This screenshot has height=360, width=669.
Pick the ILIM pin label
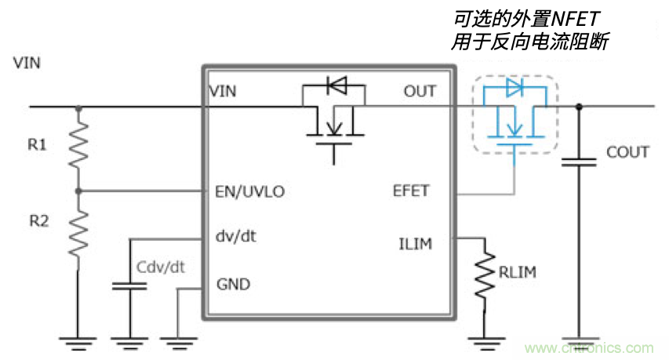click(415, 244)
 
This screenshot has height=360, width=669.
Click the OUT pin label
click(420, 91)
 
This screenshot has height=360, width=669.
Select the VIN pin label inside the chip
click(224, 92)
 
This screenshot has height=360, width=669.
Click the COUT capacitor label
click(627, 152)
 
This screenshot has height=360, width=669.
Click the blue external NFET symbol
click(514, 115)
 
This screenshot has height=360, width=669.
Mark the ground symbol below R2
click(78, 339)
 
